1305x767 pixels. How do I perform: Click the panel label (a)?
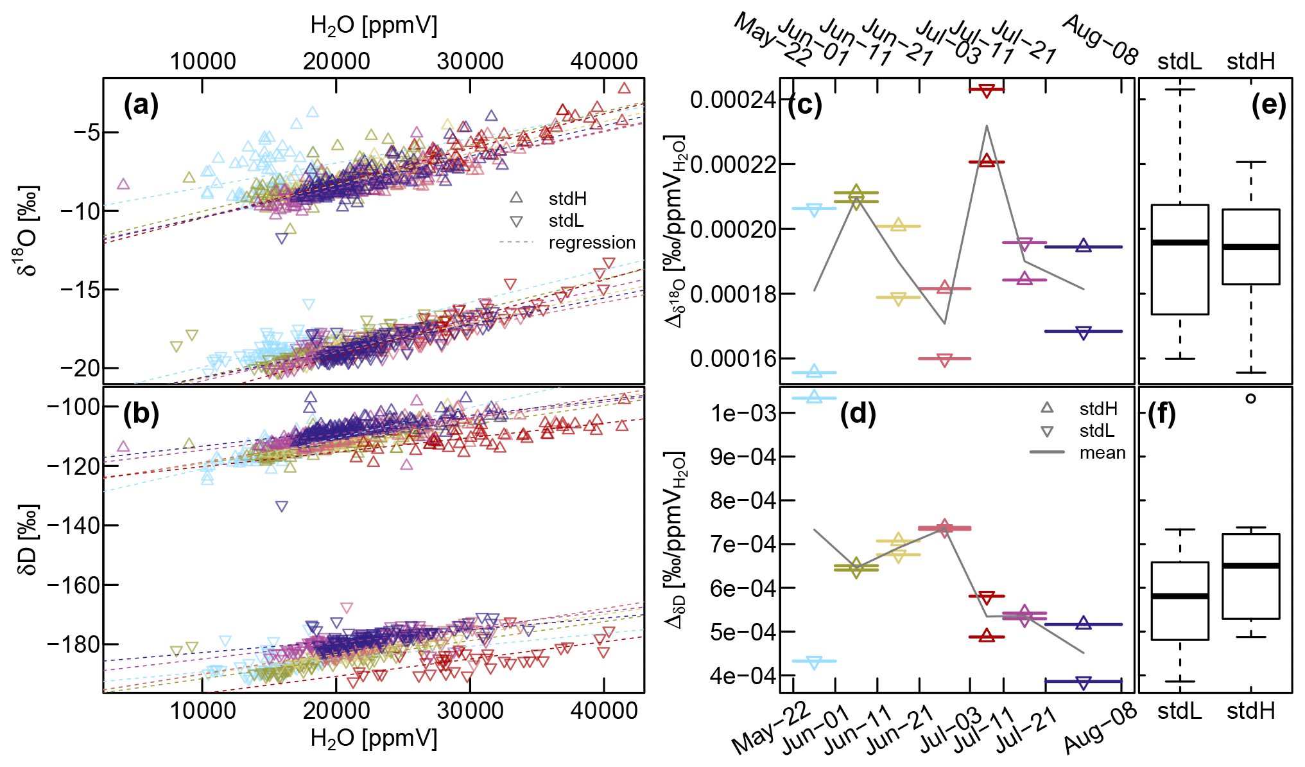[x=141, y=105]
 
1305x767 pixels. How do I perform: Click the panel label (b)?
[x=141, y=414]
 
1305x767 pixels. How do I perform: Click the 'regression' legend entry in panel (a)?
[x=591, y=243]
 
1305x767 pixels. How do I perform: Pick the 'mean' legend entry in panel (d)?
[x=1102, y=453]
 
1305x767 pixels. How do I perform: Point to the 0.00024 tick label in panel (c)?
[x=732, y=100]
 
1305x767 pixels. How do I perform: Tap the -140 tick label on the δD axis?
[x=73, y=525]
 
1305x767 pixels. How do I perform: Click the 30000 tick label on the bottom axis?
[x=470, y=710]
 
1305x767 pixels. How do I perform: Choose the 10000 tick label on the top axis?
[x=203, y=61]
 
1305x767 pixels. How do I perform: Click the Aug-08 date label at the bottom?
[x=1099, y=729]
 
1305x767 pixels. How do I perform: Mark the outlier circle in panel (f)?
[x=1250, y=398]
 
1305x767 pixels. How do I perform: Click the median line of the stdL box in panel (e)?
[x=1180, y=242]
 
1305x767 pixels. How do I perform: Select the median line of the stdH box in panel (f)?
[x=1250, y=565]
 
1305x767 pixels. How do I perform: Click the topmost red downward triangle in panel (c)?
[x=987, y=91]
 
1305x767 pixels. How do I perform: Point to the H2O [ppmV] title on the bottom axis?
[x=374, y=739]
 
